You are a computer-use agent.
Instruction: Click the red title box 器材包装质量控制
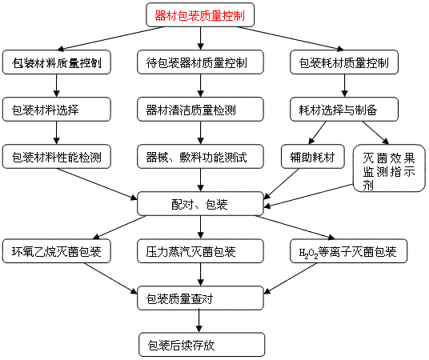point(200,14)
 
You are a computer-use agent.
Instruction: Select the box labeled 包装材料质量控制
point(57,62)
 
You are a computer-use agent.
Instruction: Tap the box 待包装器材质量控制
point(200,62)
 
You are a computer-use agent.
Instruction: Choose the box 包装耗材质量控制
point(344,62)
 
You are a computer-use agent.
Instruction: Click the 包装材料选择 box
point(57,110)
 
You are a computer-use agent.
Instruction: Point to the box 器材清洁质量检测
point(200,110)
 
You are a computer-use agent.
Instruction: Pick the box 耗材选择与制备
point(344,110)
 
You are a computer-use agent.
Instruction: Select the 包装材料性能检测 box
point(57,157)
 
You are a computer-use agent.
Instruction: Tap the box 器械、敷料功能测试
point(200,157)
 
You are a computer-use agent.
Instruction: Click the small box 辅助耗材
point(313,157)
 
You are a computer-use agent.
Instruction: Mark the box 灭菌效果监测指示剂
point(389,168)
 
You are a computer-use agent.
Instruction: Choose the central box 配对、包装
point(200,204)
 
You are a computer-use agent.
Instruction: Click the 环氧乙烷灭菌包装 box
point(57,251)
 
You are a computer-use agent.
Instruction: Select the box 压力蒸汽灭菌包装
point(200,251)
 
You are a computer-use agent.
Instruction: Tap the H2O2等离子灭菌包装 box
point(349,251)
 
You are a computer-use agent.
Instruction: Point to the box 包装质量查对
point(200,298)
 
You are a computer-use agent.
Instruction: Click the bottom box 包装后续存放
point(202,345)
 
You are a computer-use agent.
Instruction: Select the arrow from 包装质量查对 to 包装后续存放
point(199,321)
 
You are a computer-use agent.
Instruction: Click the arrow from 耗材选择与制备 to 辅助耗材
point(318,133)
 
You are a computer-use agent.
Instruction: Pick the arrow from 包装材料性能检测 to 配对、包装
point(97,184)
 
